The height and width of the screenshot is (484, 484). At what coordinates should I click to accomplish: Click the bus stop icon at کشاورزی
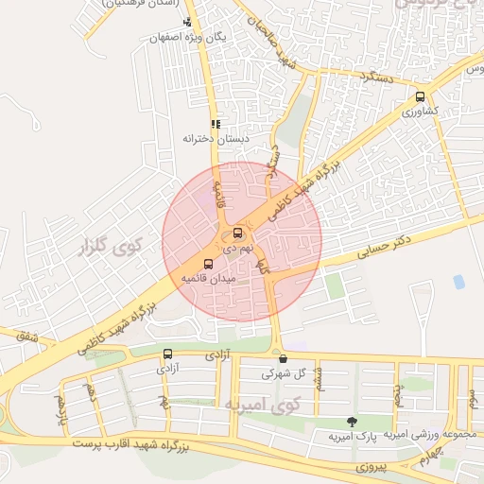[420, 95]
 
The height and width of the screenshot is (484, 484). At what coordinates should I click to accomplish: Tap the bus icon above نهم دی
[236, 233]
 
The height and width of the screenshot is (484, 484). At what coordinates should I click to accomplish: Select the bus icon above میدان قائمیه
[208, 264]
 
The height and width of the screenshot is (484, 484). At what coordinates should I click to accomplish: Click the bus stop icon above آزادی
[167, 354]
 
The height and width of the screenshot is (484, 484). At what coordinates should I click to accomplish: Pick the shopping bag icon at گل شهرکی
[283, 358]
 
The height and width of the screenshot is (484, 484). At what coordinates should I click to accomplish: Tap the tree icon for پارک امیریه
[353, 422]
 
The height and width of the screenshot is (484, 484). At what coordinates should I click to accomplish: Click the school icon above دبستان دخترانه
[216, 124]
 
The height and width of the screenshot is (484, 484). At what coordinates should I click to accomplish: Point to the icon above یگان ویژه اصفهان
[188, 22]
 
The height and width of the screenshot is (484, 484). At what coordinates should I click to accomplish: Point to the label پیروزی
[354, 467]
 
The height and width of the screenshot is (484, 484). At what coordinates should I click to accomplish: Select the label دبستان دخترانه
[207, 139]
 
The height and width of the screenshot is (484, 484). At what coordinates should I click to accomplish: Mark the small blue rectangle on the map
[459, 282]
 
